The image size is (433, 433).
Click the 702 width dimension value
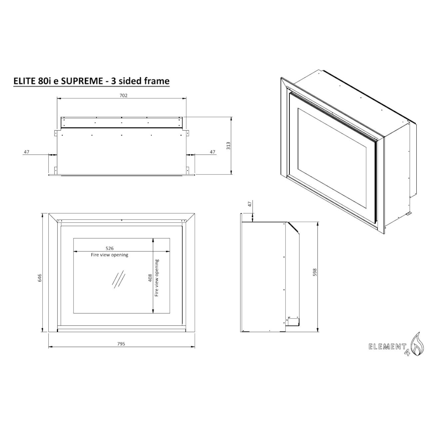(x=123, y=96)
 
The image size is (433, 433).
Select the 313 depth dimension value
(x=228, y=146)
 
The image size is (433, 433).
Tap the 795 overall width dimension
(x=121, y=343)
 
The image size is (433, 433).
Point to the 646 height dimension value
(x=40, y=278)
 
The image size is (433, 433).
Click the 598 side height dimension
(x=315, y=272)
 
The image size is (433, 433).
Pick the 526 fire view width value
(x=110, y=248)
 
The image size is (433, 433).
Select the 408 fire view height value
(x=150, y=278)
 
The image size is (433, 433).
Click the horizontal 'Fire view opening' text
(x=110, y=255)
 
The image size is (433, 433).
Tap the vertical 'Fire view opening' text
(x=157, y=278)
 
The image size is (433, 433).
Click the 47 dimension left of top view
(x=27, y=152)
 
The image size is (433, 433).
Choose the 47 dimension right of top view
(x=213, y=152)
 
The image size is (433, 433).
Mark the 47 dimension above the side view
(x=250, y=204)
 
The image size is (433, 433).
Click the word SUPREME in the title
(x=82, y=81)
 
